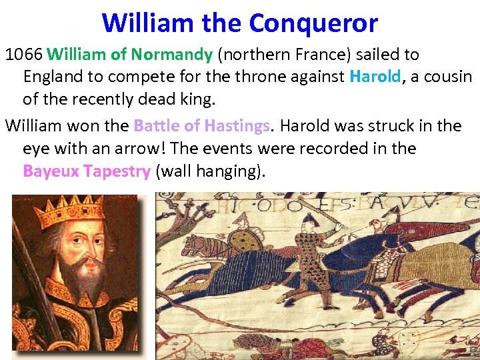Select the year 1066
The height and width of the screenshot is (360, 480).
click(24, 54)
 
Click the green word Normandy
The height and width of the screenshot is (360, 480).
click(172, 54)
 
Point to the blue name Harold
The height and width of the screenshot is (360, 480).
click(375, 77)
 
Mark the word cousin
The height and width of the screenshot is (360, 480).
click(447, 77)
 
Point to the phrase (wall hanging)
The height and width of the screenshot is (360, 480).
click(210, 171)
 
